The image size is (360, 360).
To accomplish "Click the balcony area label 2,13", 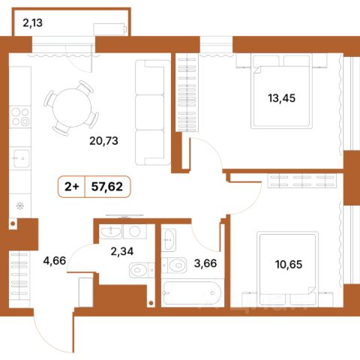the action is click(32, 23).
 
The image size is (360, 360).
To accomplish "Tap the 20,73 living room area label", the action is click(103, 141).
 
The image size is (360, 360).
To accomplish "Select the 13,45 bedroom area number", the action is click(282, 98).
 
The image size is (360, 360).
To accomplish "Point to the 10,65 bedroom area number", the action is click(289, 264).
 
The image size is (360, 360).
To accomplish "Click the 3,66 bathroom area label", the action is click(205, 263).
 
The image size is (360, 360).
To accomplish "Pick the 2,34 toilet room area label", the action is click(122, 251).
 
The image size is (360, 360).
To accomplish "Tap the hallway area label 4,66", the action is click(55, 261).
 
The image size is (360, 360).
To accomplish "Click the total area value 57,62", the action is click(107, 187).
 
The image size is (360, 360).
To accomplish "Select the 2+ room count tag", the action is click(72, 187).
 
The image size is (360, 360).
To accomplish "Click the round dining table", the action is click(72, 108).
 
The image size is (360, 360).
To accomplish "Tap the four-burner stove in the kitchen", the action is click(20, 117).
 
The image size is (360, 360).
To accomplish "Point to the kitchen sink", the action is click(21, 158).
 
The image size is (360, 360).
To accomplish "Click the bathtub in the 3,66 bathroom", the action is click(191, 293).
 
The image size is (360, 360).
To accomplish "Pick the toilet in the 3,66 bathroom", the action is click(174, 265).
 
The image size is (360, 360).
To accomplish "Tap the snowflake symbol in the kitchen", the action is click(19, 206).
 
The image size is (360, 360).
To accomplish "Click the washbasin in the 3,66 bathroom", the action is click(170, 239).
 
